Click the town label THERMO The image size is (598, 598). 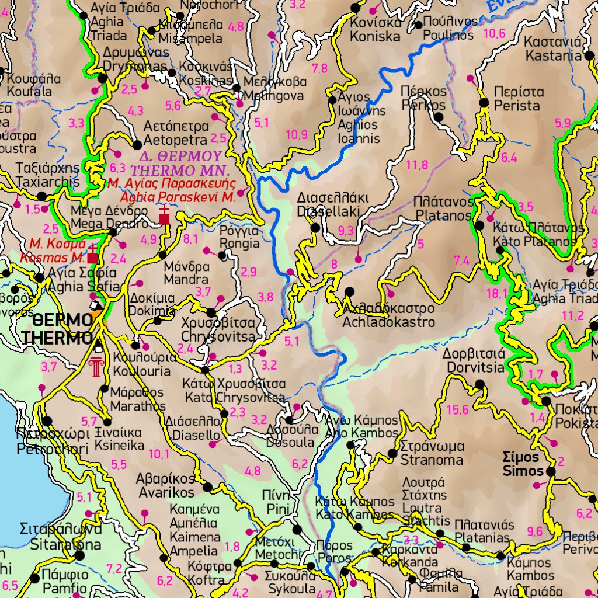click(x=57, y=338)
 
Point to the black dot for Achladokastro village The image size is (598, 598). click(x=349, y=291)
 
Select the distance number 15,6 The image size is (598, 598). click(x=457, y=410)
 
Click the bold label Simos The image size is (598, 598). click(x=523, y=471)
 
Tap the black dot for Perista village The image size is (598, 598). click(x=484, y=103)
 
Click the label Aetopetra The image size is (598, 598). click(x=175, y=140)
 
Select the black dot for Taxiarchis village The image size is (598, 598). click(x=42, y=197)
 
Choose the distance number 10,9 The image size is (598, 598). click(x=296, y=135)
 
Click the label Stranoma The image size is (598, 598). click(x=432, y=460)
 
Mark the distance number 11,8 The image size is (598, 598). click(x=417, y=165)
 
